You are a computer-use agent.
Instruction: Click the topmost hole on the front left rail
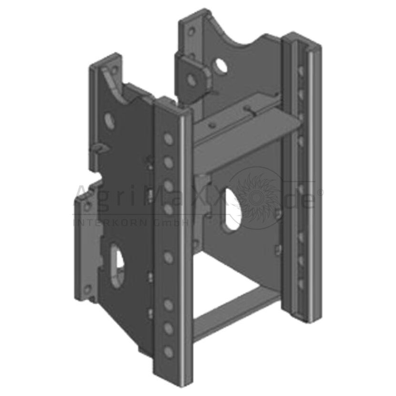(x=168, y=139)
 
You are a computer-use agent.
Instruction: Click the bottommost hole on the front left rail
(x=168, y=352)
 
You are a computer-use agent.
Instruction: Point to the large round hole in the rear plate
(x=221, y=65)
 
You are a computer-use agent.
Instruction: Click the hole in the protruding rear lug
(x=192, y=79)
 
